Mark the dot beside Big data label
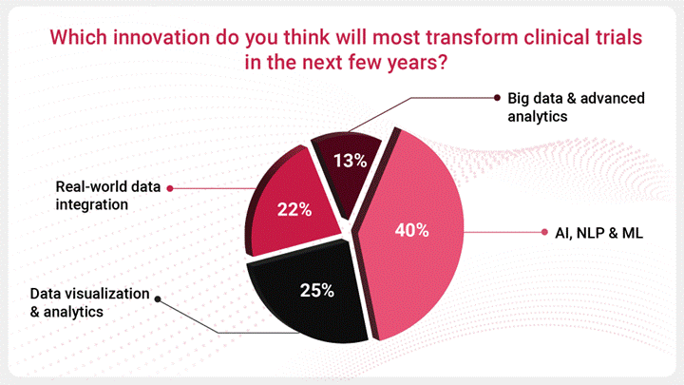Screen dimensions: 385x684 497,98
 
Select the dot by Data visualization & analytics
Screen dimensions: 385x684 157,298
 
